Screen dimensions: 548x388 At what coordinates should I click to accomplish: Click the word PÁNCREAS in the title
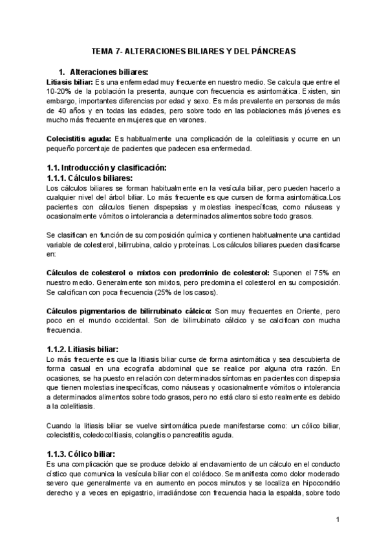click(272, 50)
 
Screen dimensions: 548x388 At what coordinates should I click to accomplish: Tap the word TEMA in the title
click(100, 50)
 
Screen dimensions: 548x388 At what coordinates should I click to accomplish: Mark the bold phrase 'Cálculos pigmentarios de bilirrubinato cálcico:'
click(130, 311)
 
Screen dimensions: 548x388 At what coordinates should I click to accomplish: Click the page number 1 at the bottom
click(338, 520)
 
